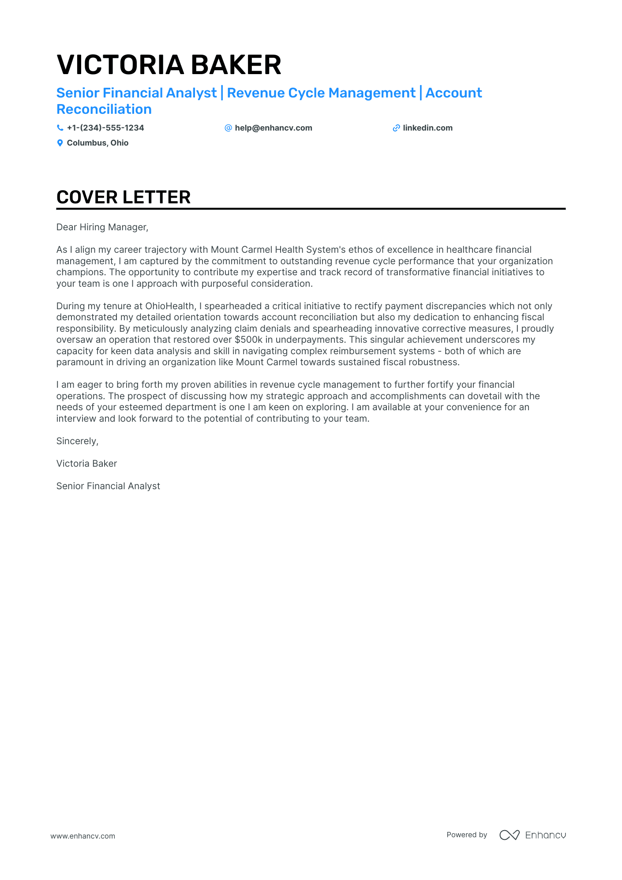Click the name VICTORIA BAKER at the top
click(x=169, y=65)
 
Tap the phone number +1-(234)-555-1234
click(x=105, y=128)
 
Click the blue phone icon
click(x=60, y=128)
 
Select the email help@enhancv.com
click(x=273, y=128)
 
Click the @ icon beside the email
click(x=228, y=128)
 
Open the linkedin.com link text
click(x=427, y=128)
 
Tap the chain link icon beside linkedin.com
click(x=396, y=128)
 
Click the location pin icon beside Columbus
click(x=60, y=143)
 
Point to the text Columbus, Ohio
click(x=97, y=143)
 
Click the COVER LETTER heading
click(x=124, y=197)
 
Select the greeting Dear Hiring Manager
click(x=102, y=227)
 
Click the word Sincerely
click(x=77, y=441)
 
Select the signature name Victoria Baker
click(x=86, y=464)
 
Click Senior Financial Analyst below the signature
click(x=108, y=486)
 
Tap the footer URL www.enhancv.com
click(x=82, y=836)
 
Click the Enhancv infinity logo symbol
click(x=509, y=835)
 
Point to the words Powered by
click(x=466, y=835)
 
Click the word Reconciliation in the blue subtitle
click(x=104, y=109)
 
